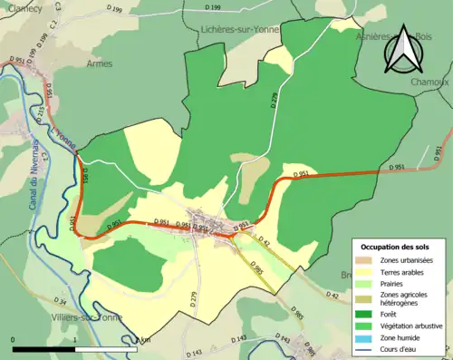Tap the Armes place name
(100, 63)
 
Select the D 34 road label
(60, 300)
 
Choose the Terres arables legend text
(406, 271)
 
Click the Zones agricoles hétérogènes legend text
(406, 296)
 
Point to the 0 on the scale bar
(14, 339)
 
